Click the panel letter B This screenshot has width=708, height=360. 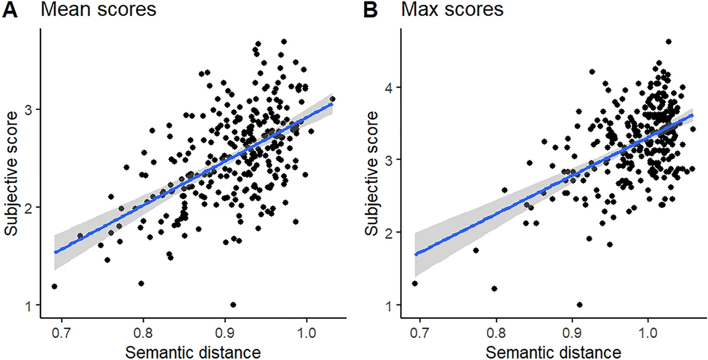coord(370,10)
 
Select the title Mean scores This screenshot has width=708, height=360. coord(98,10)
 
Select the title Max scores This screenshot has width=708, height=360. coord(453,10)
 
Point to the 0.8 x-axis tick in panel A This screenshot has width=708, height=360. coord(143,333)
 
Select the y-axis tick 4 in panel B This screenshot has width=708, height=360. coord(390,87)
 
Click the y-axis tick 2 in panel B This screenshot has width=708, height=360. coord(390,232)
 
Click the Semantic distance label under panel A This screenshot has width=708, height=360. coord(192,352)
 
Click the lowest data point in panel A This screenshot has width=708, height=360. coord(233,304)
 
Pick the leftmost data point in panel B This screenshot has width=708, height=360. coord(414,283)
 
